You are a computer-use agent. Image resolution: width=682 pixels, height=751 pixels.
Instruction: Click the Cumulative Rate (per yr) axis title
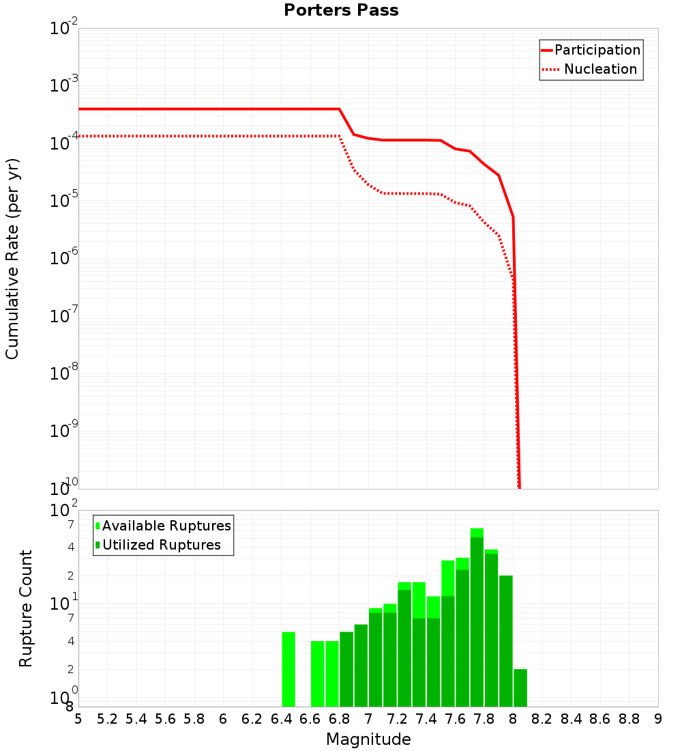click(x=12, y=259)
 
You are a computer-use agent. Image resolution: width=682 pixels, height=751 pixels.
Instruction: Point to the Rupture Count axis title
click(x=26, y=608)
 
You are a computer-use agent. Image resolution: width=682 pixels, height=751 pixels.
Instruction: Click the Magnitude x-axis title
click(x=368, y=739)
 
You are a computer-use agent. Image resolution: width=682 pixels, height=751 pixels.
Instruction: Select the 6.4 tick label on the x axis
click(x=281, y=719)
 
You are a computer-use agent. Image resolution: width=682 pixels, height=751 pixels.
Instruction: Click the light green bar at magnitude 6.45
click(x=288, y=669)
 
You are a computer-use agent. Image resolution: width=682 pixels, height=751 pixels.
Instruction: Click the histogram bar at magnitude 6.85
click(x=346, y=669)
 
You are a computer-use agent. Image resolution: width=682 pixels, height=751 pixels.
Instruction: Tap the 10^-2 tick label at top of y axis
click(x=64, y=29)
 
